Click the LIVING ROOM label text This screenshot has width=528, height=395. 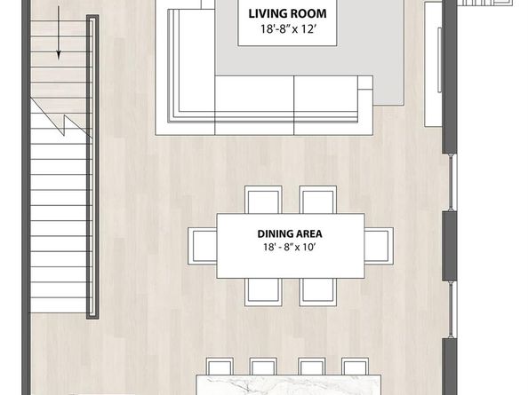287,14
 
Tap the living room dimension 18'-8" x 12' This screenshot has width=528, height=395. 287,29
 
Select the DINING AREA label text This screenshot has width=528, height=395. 290,233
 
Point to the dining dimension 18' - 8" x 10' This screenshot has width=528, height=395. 289,248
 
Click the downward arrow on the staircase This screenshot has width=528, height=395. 59,33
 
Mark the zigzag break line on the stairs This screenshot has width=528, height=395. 61,118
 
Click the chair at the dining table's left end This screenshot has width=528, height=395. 203,246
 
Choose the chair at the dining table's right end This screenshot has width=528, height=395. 379,246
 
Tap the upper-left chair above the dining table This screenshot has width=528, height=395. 263,200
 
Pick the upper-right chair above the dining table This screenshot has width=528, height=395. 318,200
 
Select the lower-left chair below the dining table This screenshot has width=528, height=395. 263,292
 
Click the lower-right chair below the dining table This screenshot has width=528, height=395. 318,292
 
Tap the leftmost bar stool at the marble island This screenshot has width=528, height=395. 220,367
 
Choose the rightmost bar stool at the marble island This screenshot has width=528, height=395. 355,367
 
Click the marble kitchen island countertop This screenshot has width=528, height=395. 289,385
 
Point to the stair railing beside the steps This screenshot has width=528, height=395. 92,167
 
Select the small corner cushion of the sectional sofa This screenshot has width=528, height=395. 365,83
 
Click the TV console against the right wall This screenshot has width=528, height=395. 433,64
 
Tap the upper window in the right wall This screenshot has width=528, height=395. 452,182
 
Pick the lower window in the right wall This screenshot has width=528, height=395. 452,309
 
